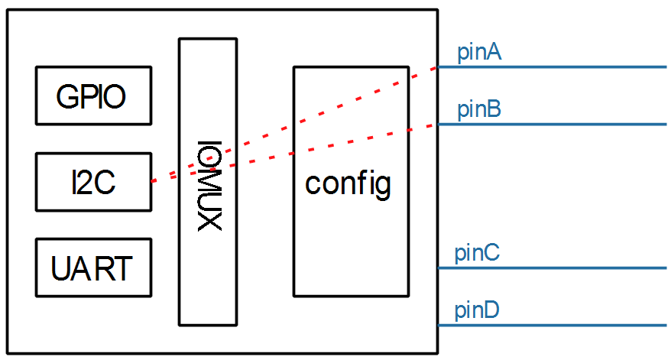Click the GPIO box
(x=93, y=96)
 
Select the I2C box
(x=93, y=182)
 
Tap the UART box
(x=93, y=268)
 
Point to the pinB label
(x=479, y=110)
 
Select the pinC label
(x=477, y=252)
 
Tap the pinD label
(x=478, y=311)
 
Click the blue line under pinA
(x=550, y=67)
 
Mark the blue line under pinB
(x=550, y=125)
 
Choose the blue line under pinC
(x=550, y=268)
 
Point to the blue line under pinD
(x=550, y=326)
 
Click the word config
(x=348, y=184)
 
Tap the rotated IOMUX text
(x=208, y=183)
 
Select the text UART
(x=92, y=269)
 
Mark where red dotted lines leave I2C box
(x=152, y=181)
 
